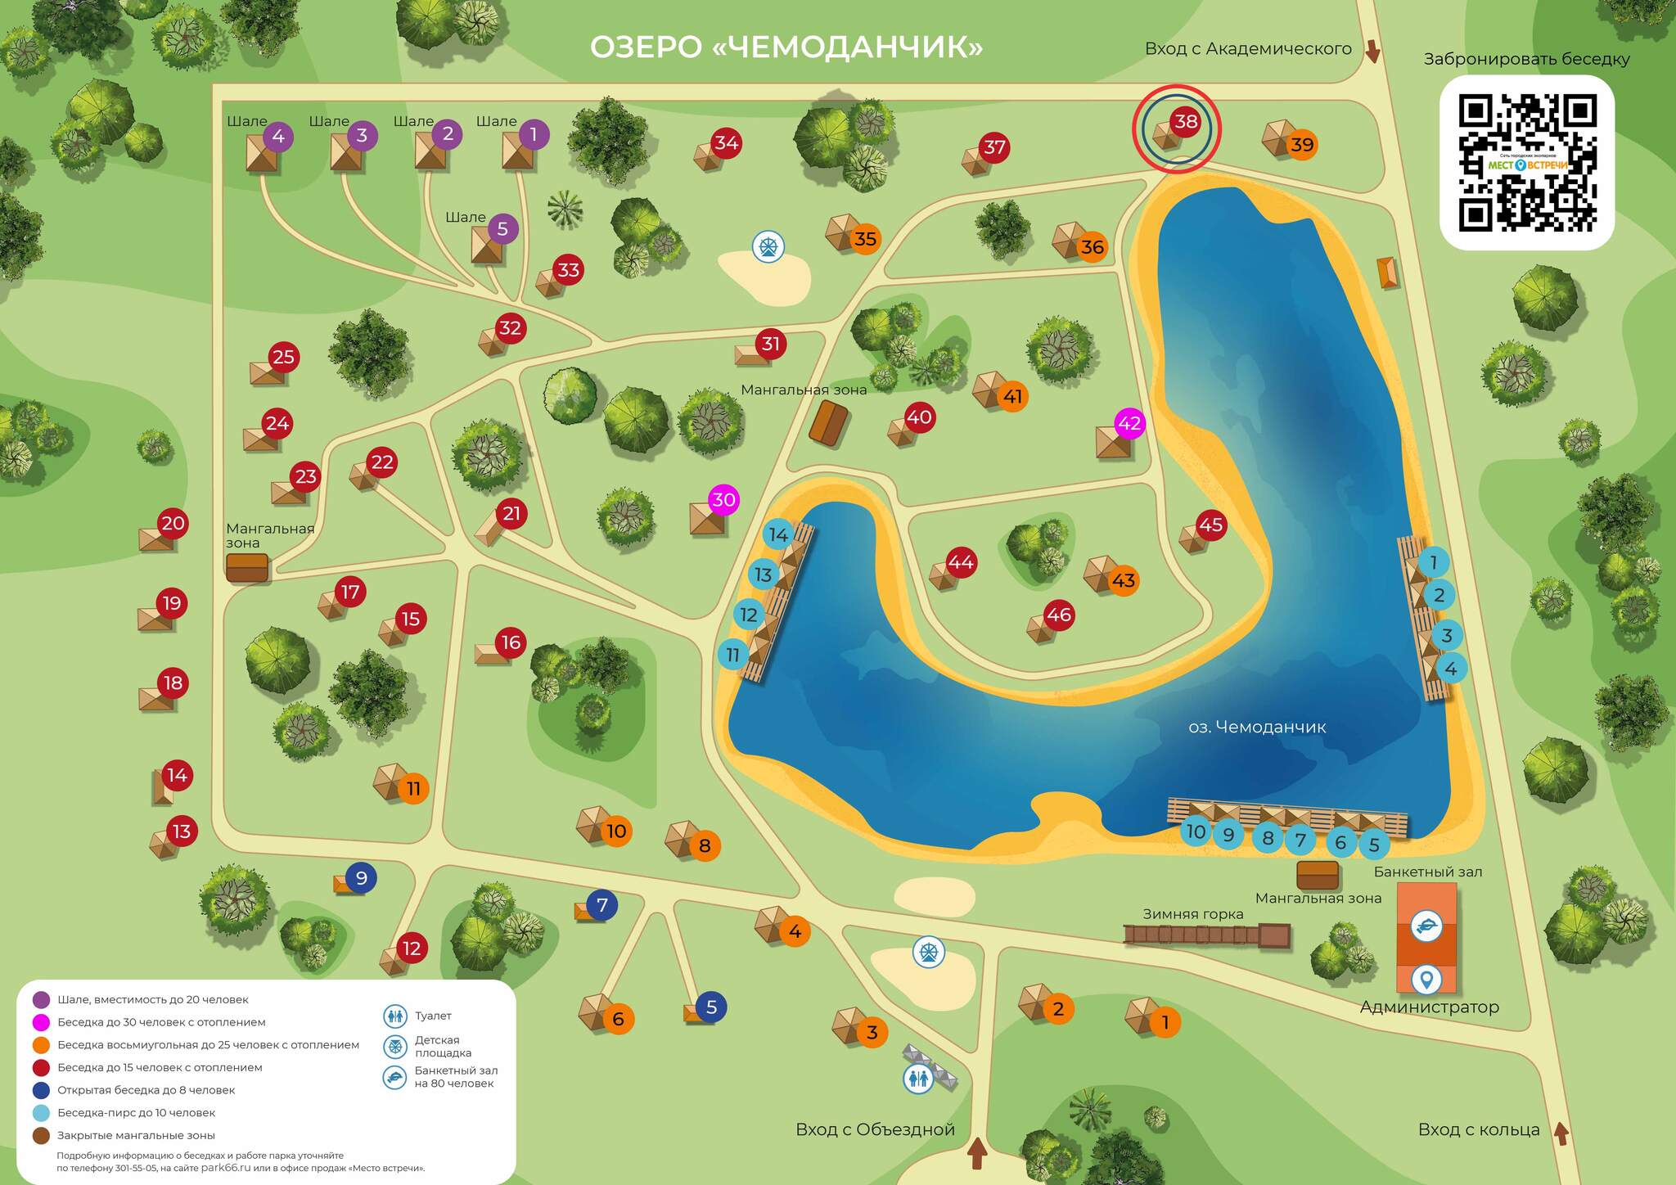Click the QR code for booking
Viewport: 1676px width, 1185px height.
(1527, 163)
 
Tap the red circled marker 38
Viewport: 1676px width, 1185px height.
(1185, 123)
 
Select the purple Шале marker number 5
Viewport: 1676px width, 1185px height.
(502, 229)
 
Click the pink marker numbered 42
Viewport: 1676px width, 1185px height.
(1129, 423)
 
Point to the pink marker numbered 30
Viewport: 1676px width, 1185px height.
(723, 499)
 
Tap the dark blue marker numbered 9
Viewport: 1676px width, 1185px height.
(361, 878)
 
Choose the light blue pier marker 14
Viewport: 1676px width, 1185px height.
(778, 535)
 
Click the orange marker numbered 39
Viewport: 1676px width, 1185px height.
(1301, 145)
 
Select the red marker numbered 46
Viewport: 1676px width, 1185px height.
(1059, 615)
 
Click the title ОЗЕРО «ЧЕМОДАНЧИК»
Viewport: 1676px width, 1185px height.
(786, 47)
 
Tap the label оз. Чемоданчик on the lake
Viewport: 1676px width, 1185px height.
(1256, 727)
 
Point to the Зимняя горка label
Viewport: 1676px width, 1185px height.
(1192, 914)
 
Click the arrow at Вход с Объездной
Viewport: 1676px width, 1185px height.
(977, 1153)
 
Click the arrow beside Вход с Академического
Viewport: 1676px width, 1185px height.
(1372, 52)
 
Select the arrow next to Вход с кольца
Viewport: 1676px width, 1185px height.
(1561, 1133)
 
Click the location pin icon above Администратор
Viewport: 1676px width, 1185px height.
(1426, 979)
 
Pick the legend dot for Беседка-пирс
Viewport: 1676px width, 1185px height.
(41, 1113)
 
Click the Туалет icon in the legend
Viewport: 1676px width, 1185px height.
(395, 1016)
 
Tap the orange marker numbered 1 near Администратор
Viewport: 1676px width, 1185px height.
(1165, 1021)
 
